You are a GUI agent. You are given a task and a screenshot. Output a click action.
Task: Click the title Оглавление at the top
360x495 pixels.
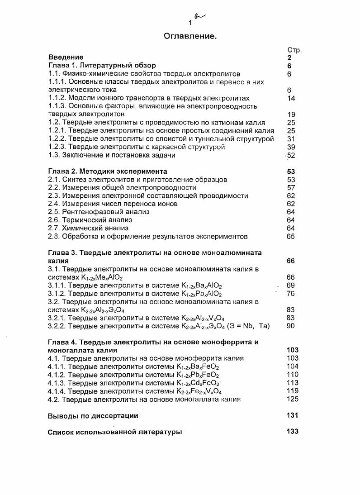tap(190, 35)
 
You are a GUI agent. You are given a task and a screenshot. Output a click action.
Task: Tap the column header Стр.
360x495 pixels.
tap(294, 50)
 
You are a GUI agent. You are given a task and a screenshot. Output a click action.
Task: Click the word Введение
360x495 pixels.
tap(66, 57)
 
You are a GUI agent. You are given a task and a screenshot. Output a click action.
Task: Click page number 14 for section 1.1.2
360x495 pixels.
tap(291, 98)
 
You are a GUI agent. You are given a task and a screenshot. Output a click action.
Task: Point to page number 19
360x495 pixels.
tap(291, 114)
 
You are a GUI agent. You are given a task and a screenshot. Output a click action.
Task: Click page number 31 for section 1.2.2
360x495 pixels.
tap(291, 139)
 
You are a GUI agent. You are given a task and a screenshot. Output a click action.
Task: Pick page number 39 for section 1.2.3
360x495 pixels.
tap(291, 147)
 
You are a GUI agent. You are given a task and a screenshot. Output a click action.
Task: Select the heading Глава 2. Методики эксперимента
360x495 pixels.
tap(108, 171)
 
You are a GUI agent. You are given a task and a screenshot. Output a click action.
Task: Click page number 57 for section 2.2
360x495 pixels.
tap(291, 188)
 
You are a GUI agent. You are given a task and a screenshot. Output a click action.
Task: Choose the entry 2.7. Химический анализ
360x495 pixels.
tap(88, 228)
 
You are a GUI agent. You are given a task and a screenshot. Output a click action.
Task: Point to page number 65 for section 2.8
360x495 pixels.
tap(291, 236)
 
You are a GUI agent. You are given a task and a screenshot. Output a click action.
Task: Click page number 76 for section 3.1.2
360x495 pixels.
tap(291, 294)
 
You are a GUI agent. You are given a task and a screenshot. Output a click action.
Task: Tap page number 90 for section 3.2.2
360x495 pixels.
tap(291, 326)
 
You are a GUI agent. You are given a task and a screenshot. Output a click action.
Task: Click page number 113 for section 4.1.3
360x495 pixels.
tap(293, 383)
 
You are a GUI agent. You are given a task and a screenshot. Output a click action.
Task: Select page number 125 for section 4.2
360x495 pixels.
tap(293, 399)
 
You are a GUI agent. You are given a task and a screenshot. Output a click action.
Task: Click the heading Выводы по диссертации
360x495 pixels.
tap(93, 415)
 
